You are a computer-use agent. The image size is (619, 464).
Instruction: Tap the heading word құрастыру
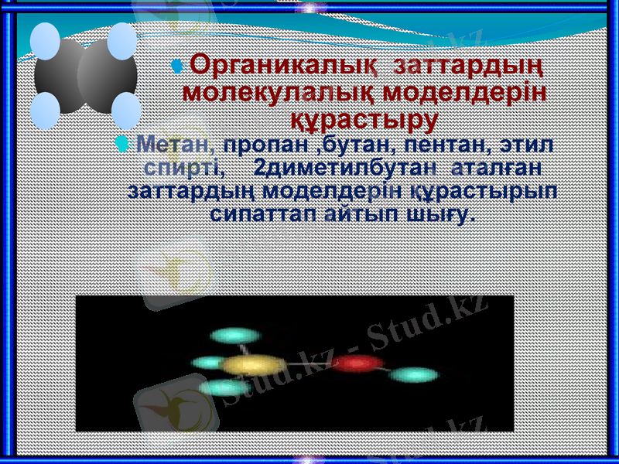364,120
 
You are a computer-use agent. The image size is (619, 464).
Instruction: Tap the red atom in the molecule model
358,362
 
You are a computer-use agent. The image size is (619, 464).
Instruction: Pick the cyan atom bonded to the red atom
414,376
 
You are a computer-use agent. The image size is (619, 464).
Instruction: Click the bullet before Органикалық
177,67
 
